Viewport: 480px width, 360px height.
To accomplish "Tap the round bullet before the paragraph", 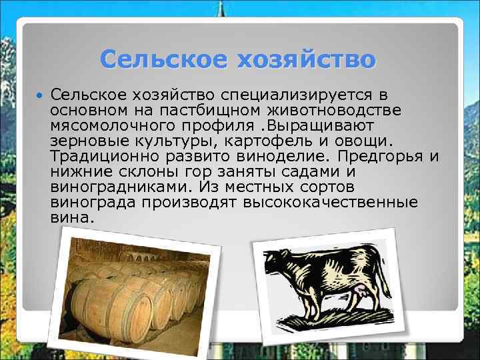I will tap(41, 97).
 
